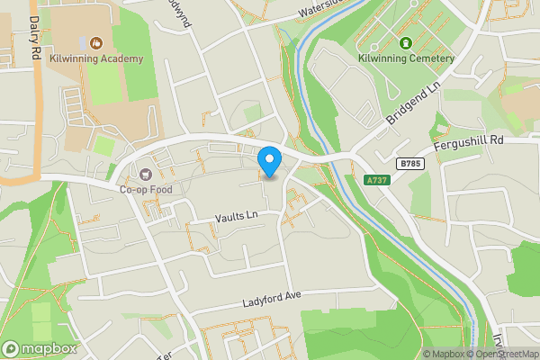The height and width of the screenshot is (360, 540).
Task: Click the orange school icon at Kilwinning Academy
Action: click(x=96, y=42)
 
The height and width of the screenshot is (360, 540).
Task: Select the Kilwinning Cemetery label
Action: click(x=406, y=59)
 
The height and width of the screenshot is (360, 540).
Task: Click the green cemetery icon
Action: click(x=406, y=42)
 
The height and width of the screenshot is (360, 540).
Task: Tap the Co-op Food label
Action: click(x=145, y=189)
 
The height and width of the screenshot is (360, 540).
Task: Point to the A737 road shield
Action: click(x=378, y=181)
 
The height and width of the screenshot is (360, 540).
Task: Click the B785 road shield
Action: click(x=409, y=163)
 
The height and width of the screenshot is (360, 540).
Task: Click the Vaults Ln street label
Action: click(x=236, y=216)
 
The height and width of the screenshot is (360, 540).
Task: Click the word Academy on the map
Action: click(x=121, y=59)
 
